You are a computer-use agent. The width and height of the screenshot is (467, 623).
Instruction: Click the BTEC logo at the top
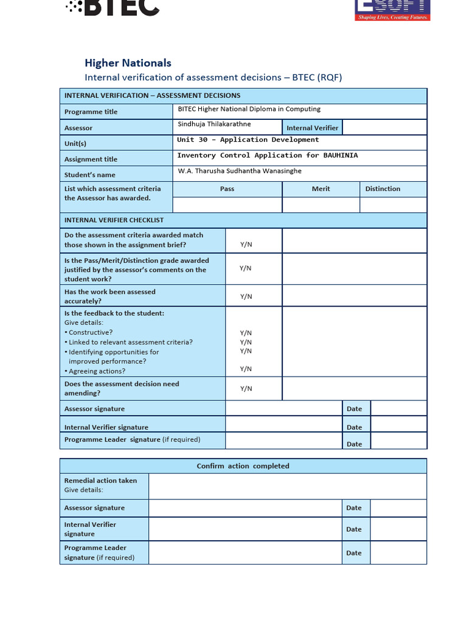112,8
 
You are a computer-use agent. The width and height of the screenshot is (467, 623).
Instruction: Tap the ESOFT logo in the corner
392,10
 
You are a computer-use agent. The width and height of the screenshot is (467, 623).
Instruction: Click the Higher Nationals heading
128,63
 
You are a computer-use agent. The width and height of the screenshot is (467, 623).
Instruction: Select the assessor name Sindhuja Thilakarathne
214,124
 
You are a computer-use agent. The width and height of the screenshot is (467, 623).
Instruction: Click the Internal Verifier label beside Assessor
313,128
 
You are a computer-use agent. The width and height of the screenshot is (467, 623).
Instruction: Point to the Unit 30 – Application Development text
248,140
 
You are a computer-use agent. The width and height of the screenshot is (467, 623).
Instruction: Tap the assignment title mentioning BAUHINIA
268,156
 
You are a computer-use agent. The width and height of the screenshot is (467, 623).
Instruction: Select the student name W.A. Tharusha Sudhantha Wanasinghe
240,172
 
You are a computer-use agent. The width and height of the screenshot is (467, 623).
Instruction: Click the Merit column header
320,189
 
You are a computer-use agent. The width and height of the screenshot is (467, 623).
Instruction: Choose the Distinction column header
382,189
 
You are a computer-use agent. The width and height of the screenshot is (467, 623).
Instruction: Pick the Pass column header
227,189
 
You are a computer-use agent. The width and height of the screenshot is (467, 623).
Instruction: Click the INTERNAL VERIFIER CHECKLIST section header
114,220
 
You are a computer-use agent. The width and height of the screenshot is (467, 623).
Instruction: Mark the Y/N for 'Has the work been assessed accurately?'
246,297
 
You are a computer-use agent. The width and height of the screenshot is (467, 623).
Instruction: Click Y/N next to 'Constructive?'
246,333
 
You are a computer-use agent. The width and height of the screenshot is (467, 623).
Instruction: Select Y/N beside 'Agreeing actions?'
246,369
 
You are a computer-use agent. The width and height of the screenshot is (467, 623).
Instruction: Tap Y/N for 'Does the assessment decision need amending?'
246,389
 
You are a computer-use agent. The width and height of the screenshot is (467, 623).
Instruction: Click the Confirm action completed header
243,466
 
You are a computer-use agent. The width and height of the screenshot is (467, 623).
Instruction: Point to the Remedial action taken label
100,481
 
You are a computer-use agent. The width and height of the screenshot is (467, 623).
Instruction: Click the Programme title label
91,112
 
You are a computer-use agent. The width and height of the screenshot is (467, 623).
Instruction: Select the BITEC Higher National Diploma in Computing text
249,110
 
